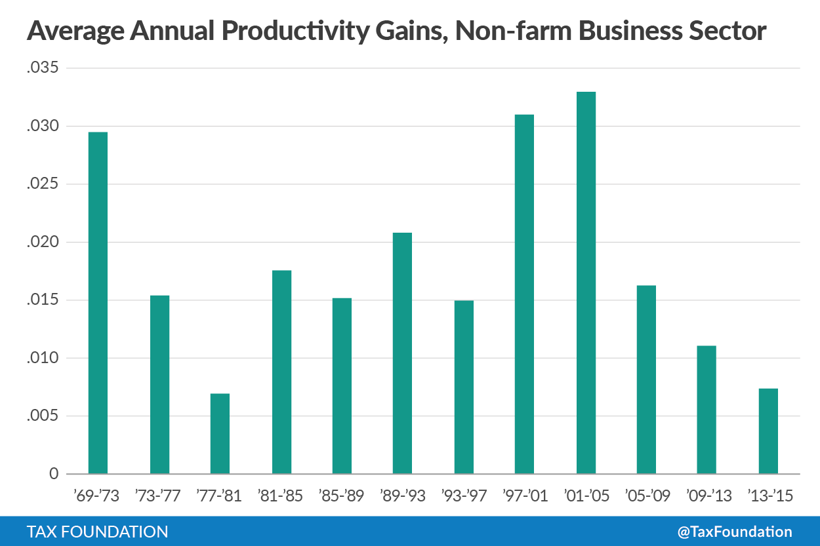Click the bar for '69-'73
pyautogui.click(x=98, y=303)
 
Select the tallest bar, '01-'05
pyautogui.click(x=586, y=283)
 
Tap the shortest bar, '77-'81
pyautogui.click(x=220, y=433)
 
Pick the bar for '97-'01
pyautogui.click(x=524, y=294)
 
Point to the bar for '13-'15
pyautogui.click(x=768, y=431)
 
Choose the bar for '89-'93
pyautogui.click(x=402, y=353)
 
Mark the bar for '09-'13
pyautogui.click(x=707, y=410)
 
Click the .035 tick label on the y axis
pyautogui.click(x=43, y=68)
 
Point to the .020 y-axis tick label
pyautogui.click(x=43, y=243)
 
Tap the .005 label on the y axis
pyautogui.click(x=43, y=416)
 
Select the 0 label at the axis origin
pyautogui.click(x=54, y=474)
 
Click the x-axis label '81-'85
pyautogui.click(x=281, y=496)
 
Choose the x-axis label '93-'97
pyautogui.click(x=464, y=496)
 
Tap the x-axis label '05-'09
pyautogui.click(x=647, y=496)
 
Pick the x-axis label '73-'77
pyautogui.click(x=159, y=496)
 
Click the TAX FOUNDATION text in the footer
pyautogui.click(x=97, y=532)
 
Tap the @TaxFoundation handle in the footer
pyautogui.click(x=734, y=532)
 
